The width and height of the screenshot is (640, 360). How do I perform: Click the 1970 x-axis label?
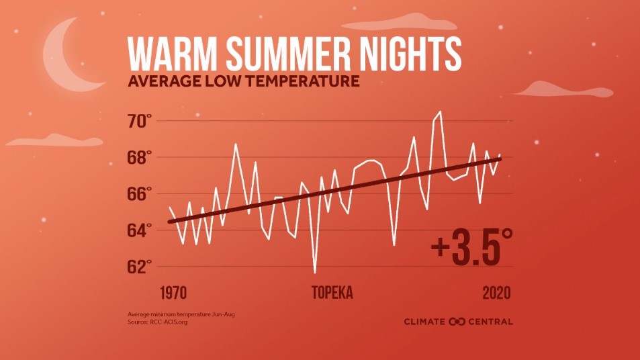click(173, 294)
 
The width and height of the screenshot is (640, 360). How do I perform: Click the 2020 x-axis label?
click(496, 294)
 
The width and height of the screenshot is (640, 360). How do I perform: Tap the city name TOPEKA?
click(332, 294)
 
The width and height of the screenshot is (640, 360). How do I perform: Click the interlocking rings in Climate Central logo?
click(457, 322)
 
